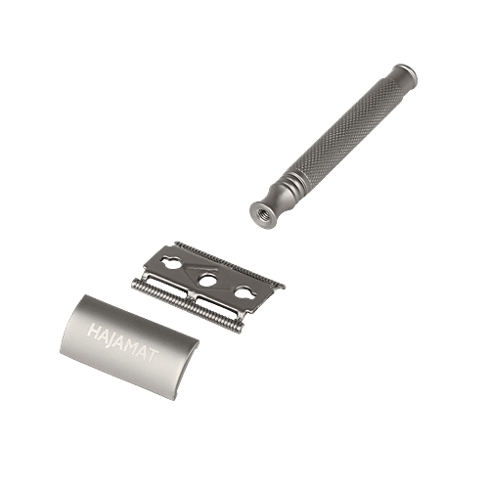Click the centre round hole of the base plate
point(207,279)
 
